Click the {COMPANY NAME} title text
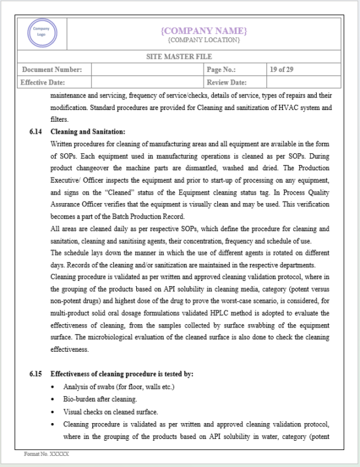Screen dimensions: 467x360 point(204,31)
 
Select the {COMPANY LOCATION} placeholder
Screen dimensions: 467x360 point(204,41)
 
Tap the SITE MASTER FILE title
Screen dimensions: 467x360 point(179,57)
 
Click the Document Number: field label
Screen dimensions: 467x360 point(52,69)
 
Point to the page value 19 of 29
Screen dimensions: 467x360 point(282,69)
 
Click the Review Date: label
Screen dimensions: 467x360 point(226,83)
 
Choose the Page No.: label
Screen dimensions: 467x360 point(221,69)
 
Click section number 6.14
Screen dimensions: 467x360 point(37,132)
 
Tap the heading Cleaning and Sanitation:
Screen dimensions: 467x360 point(88,132)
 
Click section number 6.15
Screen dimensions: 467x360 point(37,374)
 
